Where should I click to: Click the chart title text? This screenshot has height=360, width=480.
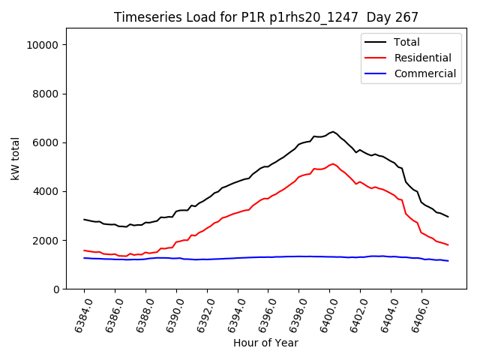point(265,17)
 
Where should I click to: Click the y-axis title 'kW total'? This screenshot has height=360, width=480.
point(16,159)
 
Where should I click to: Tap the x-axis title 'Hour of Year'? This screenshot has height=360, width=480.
point(265,343)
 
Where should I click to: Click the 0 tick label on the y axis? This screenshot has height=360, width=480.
point(56,289)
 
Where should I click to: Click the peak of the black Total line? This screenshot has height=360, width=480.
point(333,132)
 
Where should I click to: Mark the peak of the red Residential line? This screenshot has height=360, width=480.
point(333,163)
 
